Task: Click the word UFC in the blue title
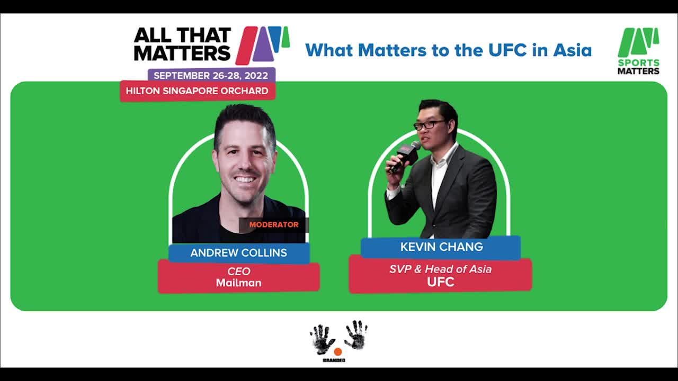click(507, 50)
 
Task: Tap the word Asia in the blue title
click(573, 50)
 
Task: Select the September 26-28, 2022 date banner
click(211, 75)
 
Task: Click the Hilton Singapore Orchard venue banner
click(198, 90)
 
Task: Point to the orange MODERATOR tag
click(274, 225)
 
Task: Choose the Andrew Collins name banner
click(239, 253)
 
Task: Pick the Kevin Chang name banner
click(441, 247)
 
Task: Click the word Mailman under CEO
click(239, 283)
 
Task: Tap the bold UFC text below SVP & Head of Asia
click(441, 282)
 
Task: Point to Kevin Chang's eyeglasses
click(429, 125)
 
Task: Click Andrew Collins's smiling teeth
click(245, 179)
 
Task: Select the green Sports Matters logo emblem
click(638, 42)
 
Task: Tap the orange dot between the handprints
click(338, 352)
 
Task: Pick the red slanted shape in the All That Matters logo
click(246, 46)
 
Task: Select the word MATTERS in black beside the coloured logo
click(182, 53)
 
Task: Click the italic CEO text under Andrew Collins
click(239, 271)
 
